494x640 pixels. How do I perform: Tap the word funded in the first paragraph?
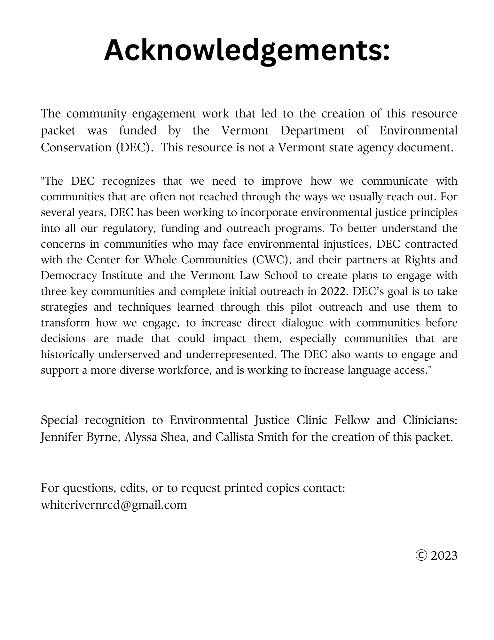(x=138, y=131)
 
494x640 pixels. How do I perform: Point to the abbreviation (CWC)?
(x=271, y=260)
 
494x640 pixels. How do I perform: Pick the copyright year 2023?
(x=444, y=556)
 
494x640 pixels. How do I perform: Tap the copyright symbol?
(x=421, y=556)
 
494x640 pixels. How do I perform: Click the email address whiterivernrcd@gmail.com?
(x=114, y=505)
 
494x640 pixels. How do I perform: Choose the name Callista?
(x=235, y=437)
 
